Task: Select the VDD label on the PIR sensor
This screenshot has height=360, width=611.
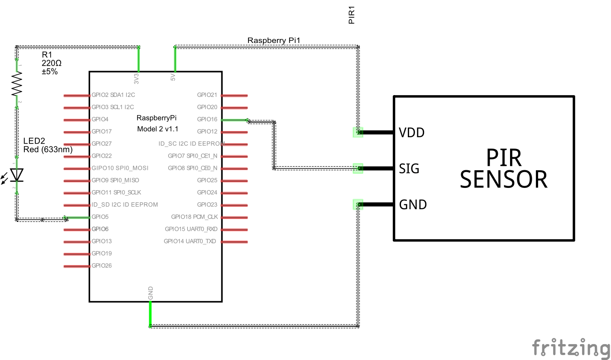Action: tap(411, 133)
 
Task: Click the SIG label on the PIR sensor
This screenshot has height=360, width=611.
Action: tap(409, 169)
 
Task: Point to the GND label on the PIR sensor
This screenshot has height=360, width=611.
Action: tap(413, 205)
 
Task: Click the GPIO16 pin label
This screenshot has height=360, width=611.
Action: tap(207, 120)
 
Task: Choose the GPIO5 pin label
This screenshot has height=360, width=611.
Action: tap(100, 217)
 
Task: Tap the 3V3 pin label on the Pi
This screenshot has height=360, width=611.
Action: tap(136, 79)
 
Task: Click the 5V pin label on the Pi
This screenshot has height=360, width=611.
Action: tap(173, 78)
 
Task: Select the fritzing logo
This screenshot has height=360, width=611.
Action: tap(570, 348)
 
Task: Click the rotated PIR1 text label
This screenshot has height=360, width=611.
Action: tap(352, 14)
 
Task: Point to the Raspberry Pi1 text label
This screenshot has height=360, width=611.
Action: tap(274, 40)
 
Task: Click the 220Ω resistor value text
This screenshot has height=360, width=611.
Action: tap(51, 63)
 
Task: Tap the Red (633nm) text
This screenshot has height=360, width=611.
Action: tap(48, 149)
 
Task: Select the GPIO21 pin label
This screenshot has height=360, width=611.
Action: tap(207, 95)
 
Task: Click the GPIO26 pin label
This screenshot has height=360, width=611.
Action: tap(101, 266)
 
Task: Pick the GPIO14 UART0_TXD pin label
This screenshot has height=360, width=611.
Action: tap(190, 241)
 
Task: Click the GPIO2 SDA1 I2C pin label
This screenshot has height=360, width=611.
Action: tap(113, 95)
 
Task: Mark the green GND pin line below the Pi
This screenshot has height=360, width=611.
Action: tap(150, 313)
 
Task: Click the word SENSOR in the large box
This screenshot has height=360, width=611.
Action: tap(503, 179)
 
